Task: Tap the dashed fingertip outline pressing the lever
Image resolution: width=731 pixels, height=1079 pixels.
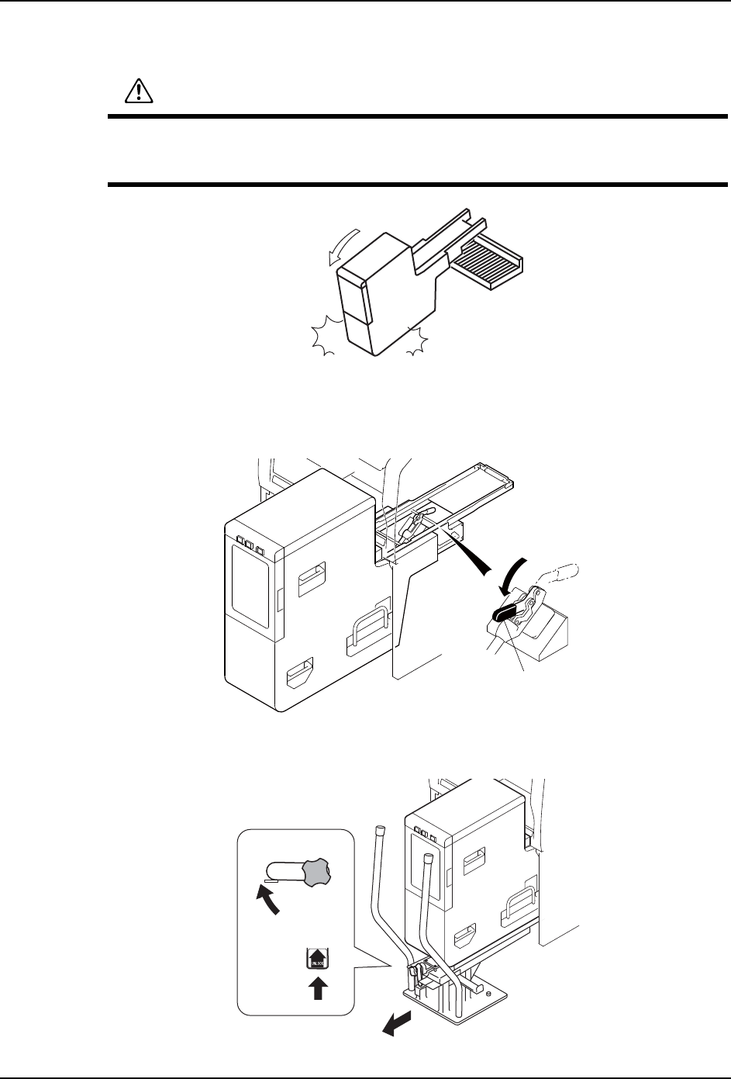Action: coord(563,573)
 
